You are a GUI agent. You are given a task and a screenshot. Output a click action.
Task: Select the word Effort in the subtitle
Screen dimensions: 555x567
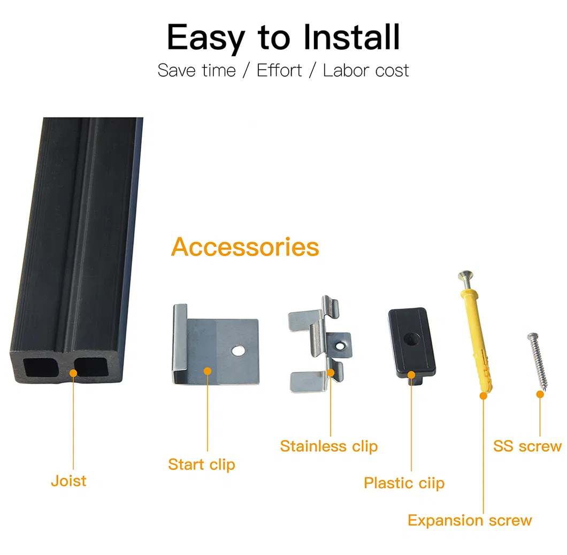(279, 71)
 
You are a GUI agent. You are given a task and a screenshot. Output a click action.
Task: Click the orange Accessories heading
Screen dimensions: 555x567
(245, 247)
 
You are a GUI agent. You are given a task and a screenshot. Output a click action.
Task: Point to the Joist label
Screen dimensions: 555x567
(68, 481)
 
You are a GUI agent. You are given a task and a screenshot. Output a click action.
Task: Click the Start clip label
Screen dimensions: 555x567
(202, 464)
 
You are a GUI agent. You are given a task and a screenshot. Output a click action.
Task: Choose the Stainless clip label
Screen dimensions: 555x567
(329, 446)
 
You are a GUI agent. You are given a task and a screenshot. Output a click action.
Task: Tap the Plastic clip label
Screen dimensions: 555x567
(404, 483)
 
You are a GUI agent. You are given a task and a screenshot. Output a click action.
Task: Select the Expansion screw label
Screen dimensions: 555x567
(470, 520)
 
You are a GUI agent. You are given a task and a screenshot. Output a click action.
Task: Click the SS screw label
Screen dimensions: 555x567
(527, 446)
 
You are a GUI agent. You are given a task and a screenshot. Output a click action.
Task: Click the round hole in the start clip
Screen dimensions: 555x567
(237, 351)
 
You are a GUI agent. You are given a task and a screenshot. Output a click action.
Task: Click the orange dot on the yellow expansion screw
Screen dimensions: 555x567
(483, 396)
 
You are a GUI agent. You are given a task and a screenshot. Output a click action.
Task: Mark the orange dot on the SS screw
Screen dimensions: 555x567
(540, 394)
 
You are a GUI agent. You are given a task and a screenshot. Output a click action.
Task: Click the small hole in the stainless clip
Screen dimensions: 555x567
(338, 345)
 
